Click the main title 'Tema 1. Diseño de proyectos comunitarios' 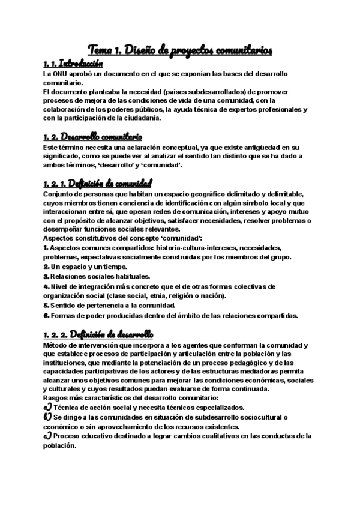[x=180, y=50]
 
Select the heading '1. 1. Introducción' [x=73, y=64]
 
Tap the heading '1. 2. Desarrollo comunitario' [x=92, y=136]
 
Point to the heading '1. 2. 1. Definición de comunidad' [x=98, y=182]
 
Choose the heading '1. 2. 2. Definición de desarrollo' [x=98, y=334]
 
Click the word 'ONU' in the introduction [x=60, y=73]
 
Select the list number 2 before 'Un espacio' [x=46, y=265]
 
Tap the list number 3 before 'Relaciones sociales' [x=46, y=276]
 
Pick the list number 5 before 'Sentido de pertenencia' [x=46, y=305]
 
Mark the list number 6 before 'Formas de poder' [x=46, y=315]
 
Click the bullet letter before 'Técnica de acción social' [x=47, y=407]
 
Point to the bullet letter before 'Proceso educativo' [x=47, y=436]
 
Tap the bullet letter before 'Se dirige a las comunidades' [x=47, y=417]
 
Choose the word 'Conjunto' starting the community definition [x=58, y=193]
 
